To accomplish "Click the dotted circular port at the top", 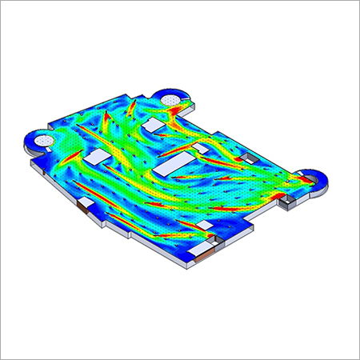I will tap(172, 100).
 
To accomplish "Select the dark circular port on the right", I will tap(311, 180).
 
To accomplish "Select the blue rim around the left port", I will tap(32, 144).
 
